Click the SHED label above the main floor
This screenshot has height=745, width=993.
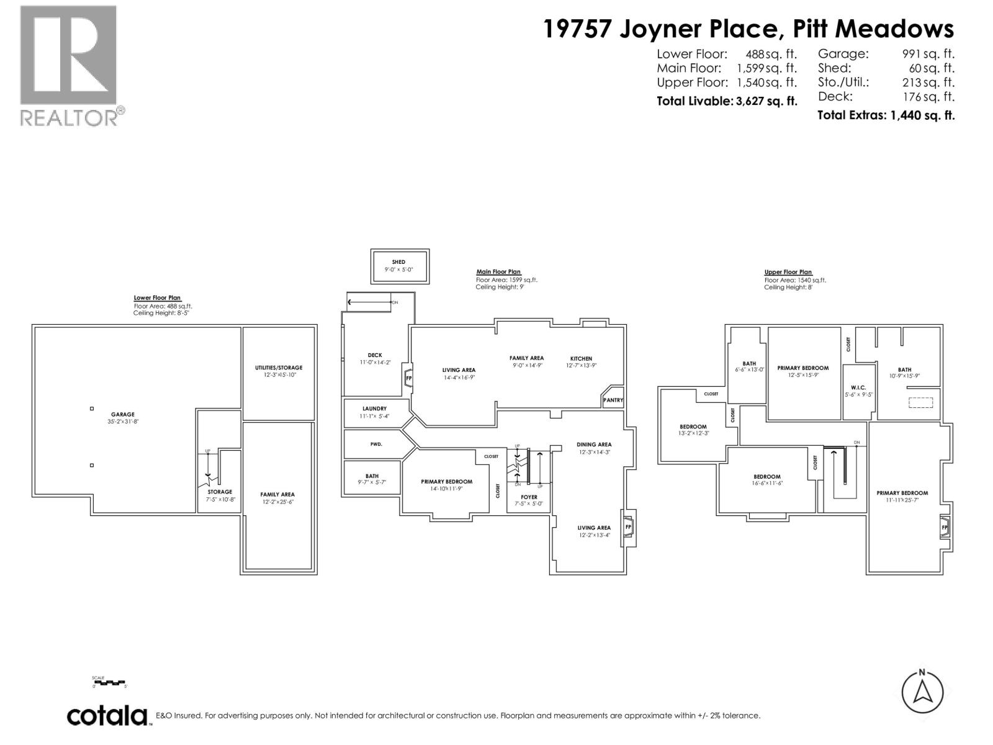(x=398, y=262)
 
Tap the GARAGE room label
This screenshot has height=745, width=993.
(x=123, y=414)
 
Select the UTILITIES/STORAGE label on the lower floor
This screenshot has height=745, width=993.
(x=279, y=368)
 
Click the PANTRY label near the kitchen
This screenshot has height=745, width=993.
(x=613, y=400)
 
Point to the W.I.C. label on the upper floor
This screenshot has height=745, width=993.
(x=858, y=387)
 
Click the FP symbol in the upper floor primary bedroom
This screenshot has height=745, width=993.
(x=945, y=528)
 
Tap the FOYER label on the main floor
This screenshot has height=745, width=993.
(x=529, y=497)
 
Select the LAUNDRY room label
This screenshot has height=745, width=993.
(x=375, y=409)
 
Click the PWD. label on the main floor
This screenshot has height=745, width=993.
(x=375, y=445)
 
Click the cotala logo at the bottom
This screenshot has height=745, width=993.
(x=107, y=716)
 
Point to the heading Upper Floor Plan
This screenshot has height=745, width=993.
(x=788, y=272)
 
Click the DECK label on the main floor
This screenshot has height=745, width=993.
(x=375, y=355)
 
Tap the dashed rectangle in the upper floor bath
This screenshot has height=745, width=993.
(x=920, y=402)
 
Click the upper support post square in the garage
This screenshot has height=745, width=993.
(x=92, y=409)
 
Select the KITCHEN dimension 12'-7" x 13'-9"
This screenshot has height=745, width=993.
(x=581, y=366)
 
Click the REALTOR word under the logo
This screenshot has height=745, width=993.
(x=69, y=117)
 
